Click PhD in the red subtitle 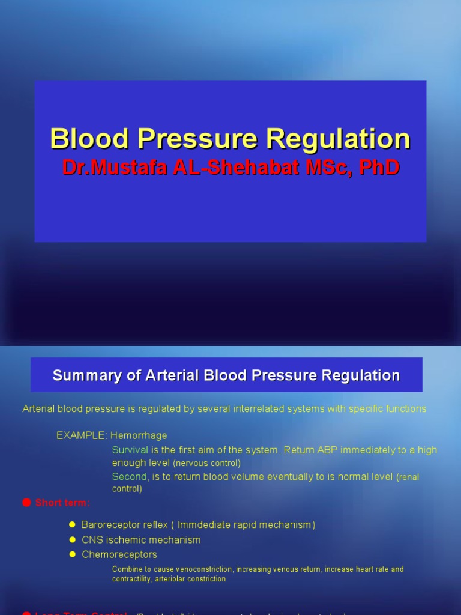(x=379, y=168)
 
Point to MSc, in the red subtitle (x=330, y=168)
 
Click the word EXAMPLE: (x=82, y=435)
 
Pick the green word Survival (x=130, y=450)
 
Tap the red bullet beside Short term (x=26, y=503)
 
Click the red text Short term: (x=62, y=503)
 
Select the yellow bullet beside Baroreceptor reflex (x=73, y=525)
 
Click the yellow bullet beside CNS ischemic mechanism (x=73, y=540)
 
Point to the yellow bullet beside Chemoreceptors (x=73, y=554)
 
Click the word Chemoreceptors (x=119, y=554)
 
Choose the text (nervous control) (x=206, y=463)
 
